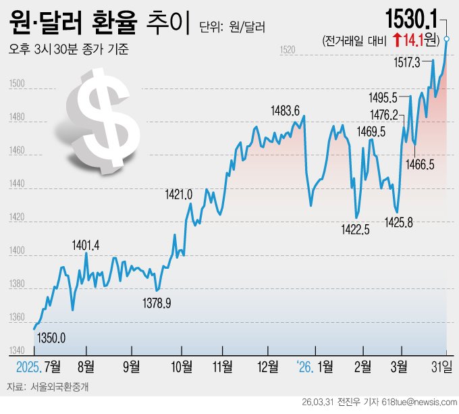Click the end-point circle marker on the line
(447, 40)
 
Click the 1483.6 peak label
(285, 110)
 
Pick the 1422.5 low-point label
(355, 230)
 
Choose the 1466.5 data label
(420, 164)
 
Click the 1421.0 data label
(179, 195)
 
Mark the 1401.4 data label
(86, 245)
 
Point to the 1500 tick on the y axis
(18, 84)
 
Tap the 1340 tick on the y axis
(18, 351)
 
